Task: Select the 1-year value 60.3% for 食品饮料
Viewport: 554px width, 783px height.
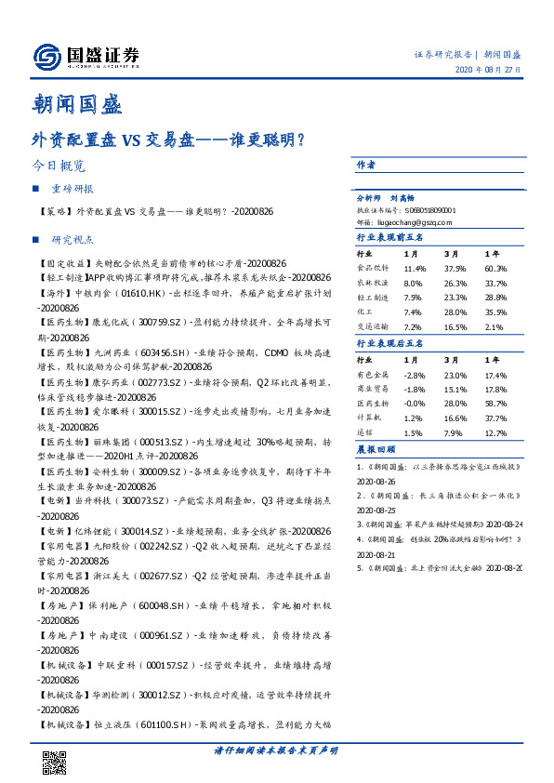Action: point(495,268)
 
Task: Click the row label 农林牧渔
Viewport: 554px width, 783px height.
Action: point(373,283)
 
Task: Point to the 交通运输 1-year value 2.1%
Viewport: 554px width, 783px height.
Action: point(494,327)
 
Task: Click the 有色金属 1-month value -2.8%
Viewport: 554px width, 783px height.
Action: point(414,374)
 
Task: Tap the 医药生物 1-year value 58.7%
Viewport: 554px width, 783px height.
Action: point(495,404)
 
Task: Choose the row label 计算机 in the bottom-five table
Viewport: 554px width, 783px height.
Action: point(373,418)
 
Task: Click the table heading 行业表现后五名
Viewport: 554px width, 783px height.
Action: point(389,343)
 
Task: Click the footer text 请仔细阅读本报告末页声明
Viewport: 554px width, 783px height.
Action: point(276,750)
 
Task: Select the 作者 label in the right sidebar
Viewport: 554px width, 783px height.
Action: point(366,164)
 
